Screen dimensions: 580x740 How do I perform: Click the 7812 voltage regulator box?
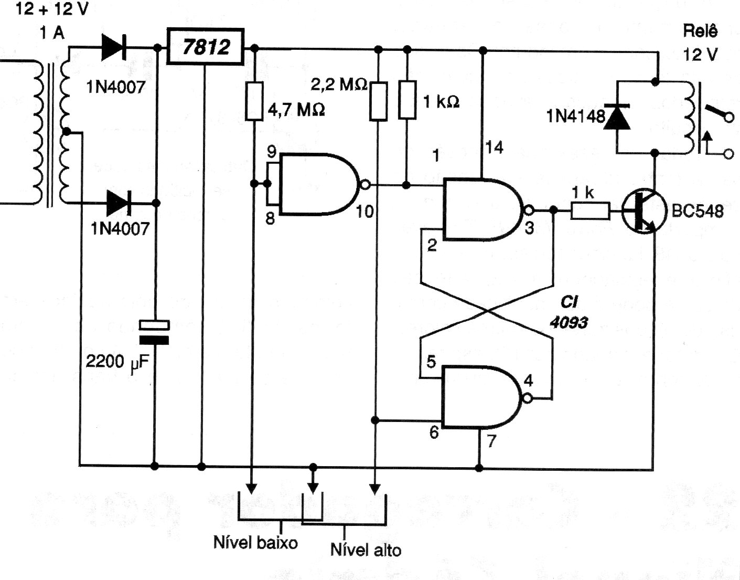[x=206, y=47]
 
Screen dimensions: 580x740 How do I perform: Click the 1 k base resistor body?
[x=590, y=211]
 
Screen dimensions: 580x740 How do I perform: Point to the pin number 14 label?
[x=494, y=149]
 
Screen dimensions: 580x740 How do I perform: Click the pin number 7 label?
[x=490, y=441]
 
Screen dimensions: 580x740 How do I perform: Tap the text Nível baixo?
[x=255, y=542]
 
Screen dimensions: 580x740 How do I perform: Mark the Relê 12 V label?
[x=700, y=43]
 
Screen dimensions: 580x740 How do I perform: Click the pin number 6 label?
[x=433, y=433]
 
